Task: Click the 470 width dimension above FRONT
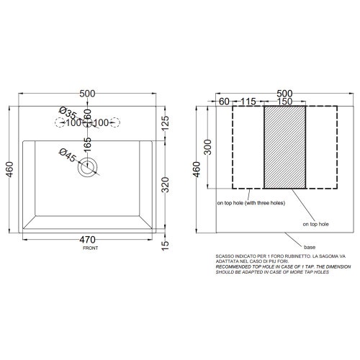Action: point(87,240)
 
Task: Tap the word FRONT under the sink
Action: point(90,248)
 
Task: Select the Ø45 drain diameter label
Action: point(68,156)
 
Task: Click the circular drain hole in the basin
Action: point(87,167)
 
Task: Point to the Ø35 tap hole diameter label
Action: point(68,113)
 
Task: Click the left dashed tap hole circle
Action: point(60,122)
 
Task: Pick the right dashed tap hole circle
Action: point(115,122)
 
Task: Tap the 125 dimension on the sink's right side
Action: point(165,123)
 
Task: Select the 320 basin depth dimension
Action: point(165,185)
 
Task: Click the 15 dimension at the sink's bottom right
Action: point(165,246)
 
